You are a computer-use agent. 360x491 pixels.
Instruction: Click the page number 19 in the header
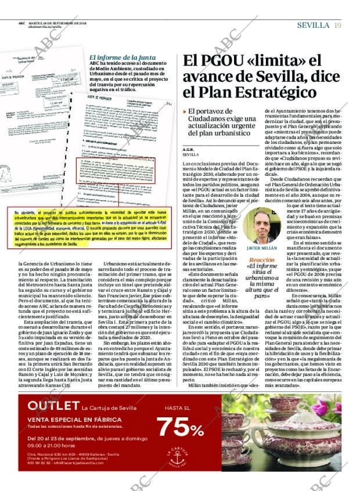click(337, 25)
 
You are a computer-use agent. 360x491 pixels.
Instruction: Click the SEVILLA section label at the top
click(314, 25)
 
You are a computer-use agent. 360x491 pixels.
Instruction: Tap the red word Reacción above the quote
click(262, 260)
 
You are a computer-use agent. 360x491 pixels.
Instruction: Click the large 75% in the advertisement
click(180, 427)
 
